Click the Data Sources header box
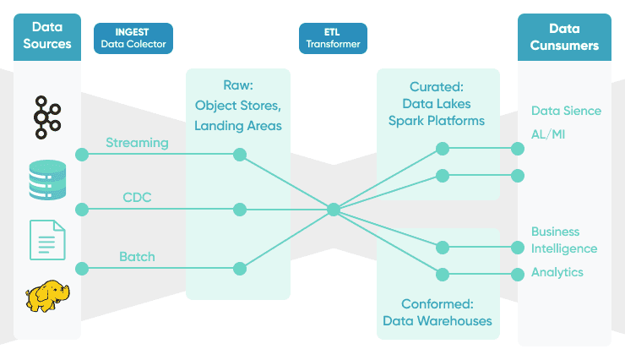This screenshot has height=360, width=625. click(47, 36)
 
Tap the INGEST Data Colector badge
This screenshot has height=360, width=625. click(133, 38)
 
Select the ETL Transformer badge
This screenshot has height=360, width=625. click(333, 38)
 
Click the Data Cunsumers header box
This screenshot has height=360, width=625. click(564, 36)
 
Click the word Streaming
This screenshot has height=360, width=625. click(137, 143)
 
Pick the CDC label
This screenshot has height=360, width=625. click(138, 199)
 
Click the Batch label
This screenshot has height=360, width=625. click(137, 257)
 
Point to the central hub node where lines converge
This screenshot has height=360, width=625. click(334, 209)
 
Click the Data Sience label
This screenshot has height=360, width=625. click(566, 111)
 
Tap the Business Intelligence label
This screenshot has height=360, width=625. click(563, 240)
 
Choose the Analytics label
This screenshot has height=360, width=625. click(557, 272)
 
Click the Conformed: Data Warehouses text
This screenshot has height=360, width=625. click(437, 312)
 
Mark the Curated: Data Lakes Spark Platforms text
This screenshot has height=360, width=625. click(437, 104)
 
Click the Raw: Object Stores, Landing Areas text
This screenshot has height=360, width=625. click(237, 106)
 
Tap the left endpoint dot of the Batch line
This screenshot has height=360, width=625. click(82, 269)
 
